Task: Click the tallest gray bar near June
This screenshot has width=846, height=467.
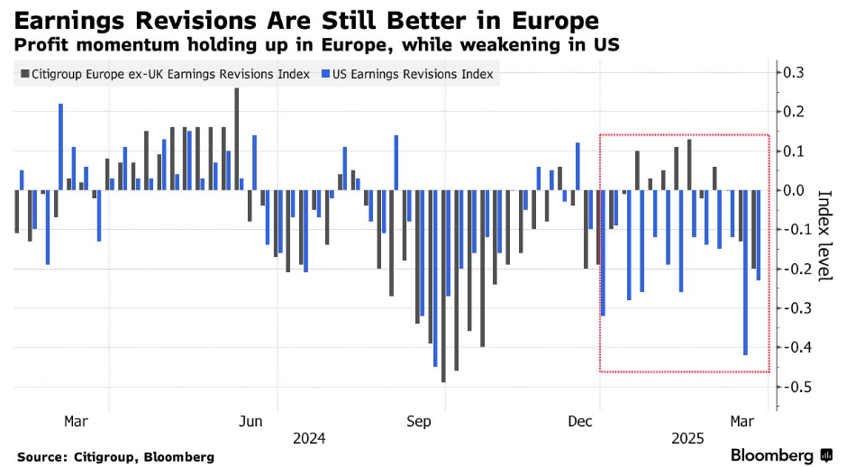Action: coord(236,140)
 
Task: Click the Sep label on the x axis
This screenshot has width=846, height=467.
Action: coord(420,421)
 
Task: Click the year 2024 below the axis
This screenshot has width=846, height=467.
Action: coord(309,438)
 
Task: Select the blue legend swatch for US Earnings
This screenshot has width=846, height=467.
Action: coord(325,75)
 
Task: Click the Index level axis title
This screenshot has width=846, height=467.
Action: coord(823,234)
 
